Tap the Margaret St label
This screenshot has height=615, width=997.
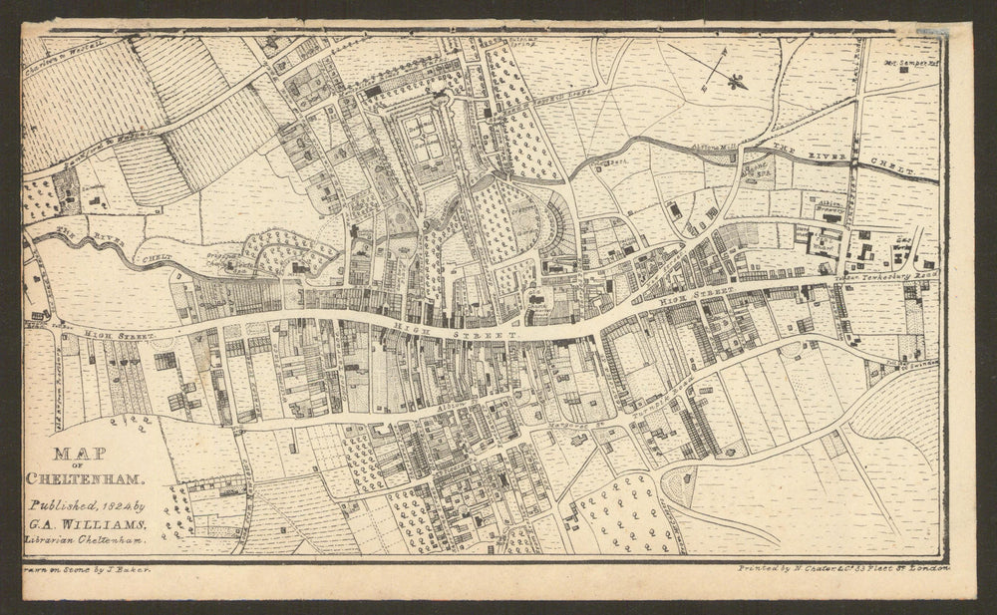(x=566, y=425)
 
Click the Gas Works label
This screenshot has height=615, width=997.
(x=903, y=245)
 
